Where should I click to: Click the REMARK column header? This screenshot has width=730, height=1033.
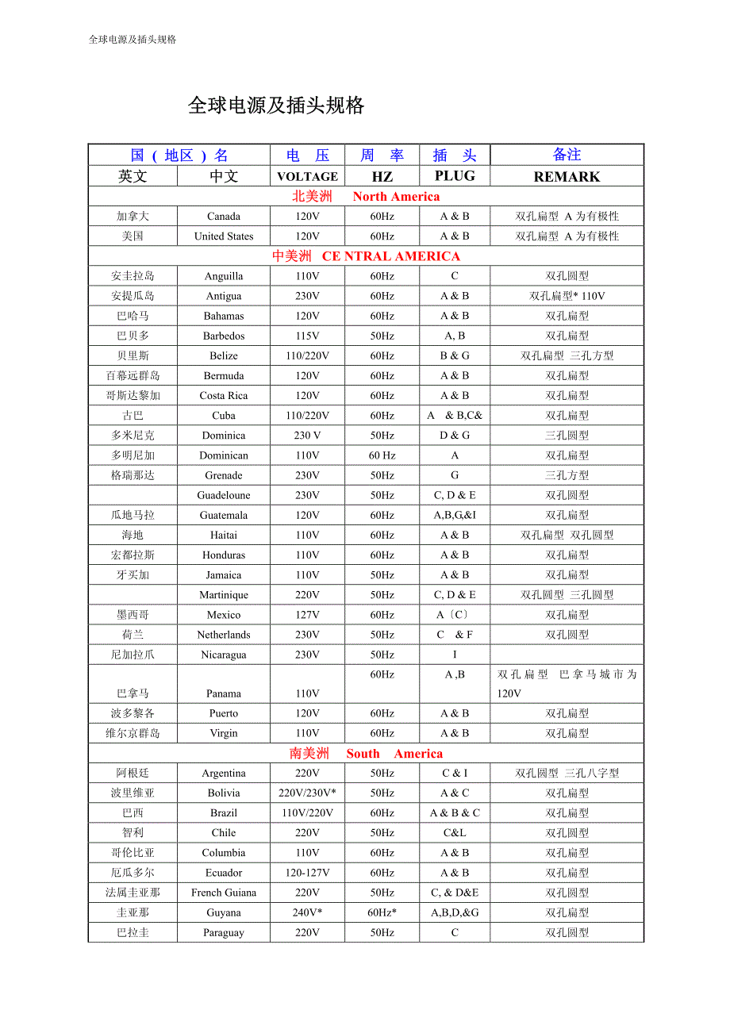pyautogui.click(x=567, y=176)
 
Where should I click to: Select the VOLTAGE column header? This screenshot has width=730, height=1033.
pyautogui.click(x=307, y=176)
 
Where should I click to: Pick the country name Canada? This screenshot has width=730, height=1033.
pyautogui.click(x=224, y=217)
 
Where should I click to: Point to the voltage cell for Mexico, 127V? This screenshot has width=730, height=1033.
pyautogui.click(x=307, y=615)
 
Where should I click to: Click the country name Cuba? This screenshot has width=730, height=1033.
pyautogui.click(x=224, y=416)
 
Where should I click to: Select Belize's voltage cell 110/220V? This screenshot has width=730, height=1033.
pyautogui.click(x=307, y=356)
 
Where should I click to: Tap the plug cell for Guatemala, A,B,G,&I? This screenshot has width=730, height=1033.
pyautogui.click(x=455, y=515)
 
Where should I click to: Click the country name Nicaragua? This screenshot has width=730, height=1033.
pyautogui.click(x=224, y=655)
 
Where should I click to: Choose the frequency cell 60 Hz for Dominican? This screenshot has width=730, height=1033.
pyautogui.click(x=382, y=455)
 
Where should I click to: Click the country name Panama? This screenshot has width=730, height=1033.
pyautogui.click(x=224, y=693)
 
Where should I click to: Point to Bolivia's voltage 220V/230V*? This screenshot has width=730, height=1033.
pyautogui.click(x=307, y=793)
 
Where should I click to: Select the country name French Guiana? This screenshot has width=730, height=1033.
pyautogui.click(x=224, y=893)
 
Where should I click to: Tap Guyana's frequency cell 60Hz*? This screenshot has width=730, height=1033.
pyautogui.click(x=382, y=912)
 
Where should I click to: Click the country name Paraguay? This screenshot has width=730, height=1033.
pyautogui.click(x=224, y=933)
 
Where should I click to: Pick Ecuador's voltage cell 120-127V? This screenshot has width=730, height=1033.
pyautogui.click(x=307, y=873)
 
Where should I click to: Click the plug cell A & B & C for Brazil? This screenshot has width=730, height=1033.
pyautogui.click(x=455, y=813)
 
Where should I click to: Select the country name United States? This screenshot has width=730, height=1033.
pyautogui.click(x=224, y=236)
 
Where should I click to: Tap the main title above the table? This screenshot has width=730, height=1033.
pyautogui.click(x=276, y=106)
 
